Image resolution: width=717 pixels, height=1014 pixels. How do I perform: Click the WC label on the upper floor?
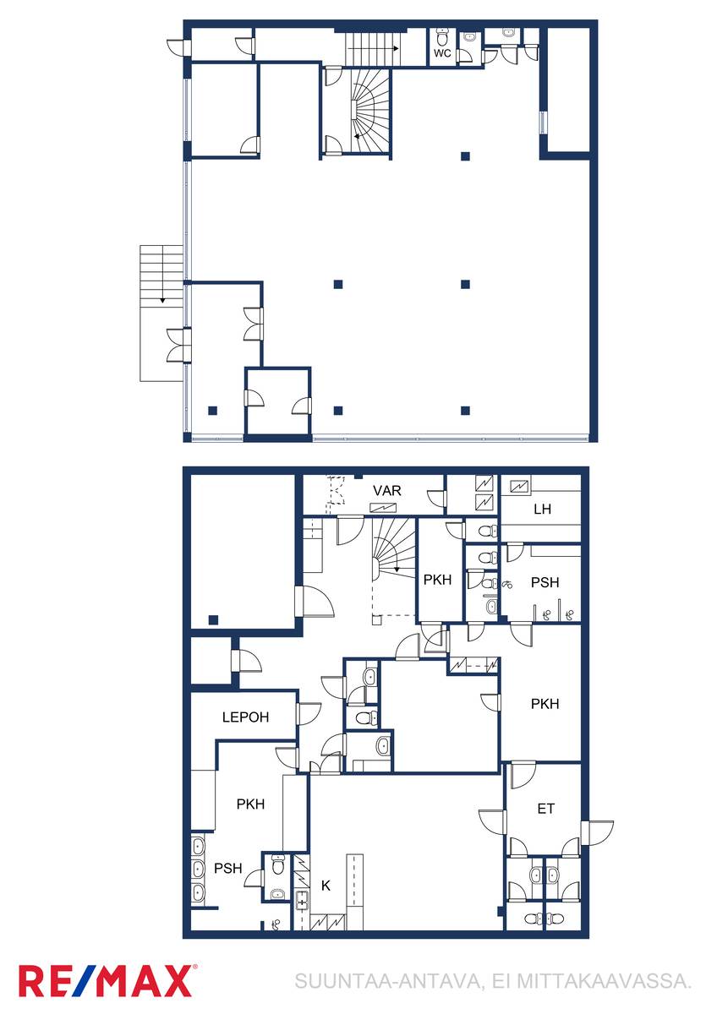pos(441,53)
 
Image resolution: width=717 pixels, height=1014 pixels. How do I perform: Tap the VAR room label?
pos(386,490)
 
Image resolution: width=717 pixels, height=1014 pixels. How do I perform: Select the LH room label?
pos(542,509)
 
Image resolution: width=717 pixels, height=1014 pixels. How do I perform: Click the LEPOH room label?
pos(245,717)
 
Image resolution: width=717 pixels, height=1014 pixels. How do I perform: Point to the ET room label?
pos(545,809)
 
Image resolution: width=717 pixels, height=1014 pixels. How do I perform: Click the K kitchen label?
pos(326,886)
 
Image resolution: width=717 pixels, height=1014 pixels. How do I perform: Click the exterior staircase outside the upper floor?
pos(161,313)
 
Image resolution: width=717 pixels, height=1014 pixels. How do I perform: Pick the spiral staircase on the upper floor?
pos(370,112)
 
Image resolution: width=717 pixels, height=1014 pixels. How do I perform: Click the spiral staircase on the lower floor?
pos(394,549)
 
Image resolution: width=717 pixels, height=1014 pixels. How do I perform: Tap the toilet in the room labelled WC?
pos(442,37)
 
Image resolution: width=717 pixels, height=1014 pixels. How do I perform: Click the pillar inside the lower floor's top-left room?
pos(213,619)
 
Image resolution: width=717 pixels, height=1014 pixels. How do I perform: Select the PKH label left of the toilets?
pos(437,580)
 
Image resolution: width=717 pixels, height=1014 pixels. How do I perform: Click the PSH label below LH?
pos(545,582)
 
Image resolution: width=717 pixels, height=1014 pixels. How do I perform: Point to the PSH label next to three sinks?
pos(227,869)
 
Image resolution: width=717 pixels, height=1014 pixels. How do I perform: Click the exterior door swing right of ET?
pos(598,832)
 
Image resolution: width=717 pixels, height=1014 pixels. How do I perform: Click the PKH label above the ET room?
pos(545,703)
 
